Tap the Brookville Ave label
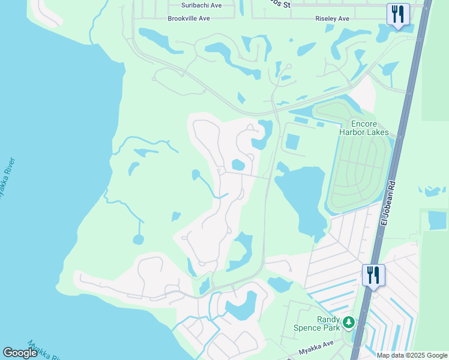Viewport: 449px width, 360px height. pyautogui.click(x=188, y=19)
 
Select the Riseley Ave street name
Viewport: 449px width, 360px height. pyautogui.click(x=332, y=19)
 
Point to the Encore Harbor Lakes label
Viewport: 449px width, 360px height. pyautogui.click(x=364, y=128)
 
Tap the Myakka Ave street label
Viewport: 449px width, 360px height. pyautogui.click(x=316, y=344)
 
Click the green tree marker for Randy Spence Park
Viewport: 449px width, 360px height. pyautogui.click(x=348, y=323)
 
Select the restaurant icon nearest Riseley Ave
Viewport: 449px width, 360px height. pyautogui.click(x=397, y=14)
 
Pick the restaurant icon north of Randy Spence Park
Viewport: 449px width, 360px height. pyautogui.click(x=373, y=275)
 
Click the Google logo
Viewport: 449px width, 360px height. pyautogui.click(x=20, y=353)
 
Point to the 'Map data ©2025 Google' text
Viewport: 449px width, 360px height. pyautogui.click(x=411, y=355)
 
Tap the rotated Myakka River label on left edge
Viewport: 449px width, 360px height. pyautogui.click(x=6, y=180)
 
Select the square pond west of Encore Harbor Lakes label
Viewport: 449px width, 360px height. pyautogui.click(x=292, y=142)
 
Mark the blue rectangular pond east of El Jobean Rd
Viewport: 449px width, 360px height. pyautogui.click(x=437, y=220)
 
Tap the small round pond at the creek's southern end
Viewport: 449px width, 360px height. pyautogui.click(x=139, y=239)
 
